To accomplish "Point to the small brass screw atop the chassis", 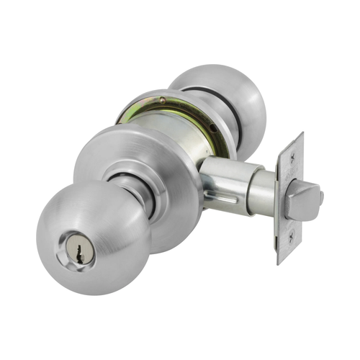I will (163, 99).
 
